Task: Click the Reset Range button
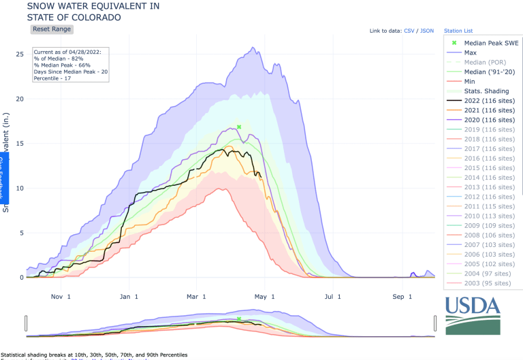pyautogui.click(x=51, y=29)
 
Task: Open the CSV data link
pyautogui.click(x=409, y=31)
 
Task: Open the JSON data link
pyautogui.click(x=427, y=31)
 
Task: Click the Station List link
pyautogui.click(x=458, y=31)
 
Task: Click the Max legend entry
pyautogui.click(x=470, y=52)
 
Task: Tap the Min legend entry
pyautogui.click(x=470, y=81)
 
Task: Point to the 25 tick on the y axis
pyautogui.click(x=20, y=54)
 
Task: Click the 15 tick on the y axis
pyautogui.click(x=20, y=144)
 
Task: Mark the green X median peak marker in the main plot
pyautogui.click(x=239, y=127)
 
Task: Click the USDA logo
pyautogui.click(x=473, y=315)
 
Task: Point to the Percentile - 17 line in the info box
pyautogui.click(x=52, y=78)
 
